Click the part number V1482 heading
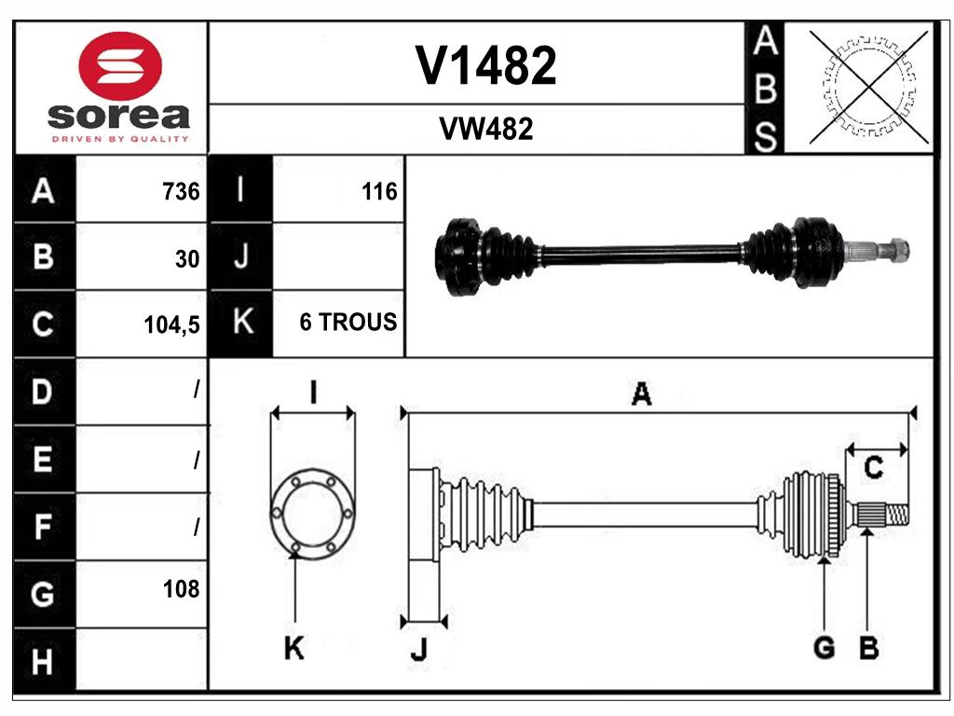(x=485, y=65)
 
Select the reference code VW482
(x=485, y=130)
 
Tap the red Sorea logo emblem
(x=121, y=66)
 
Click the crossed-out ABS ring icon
(x=868, y=88)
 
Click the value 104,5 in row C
(x=173, y=324)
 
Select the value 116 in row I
(x=378, y=192)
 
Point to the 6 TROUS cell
(x=348, y=323)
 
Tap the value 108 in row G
(x=181, y=589)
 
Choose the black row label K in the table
(x=241, y=323)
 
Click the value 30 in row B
(x=187, y=259)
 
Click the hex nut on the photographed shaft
(x=898, y=250)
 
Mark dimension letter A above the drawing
(x=641, y=394)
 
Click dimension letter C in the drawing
(x=873, y=468)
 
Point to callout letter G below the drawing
(x=824, y=648)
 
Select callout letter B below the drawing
(x=868, y=648)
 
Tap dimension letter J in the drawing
(x=418, y=652)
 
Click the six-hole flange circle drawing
(x=312, y=513)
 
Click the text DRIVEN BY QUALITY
(x=120, y=139)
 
